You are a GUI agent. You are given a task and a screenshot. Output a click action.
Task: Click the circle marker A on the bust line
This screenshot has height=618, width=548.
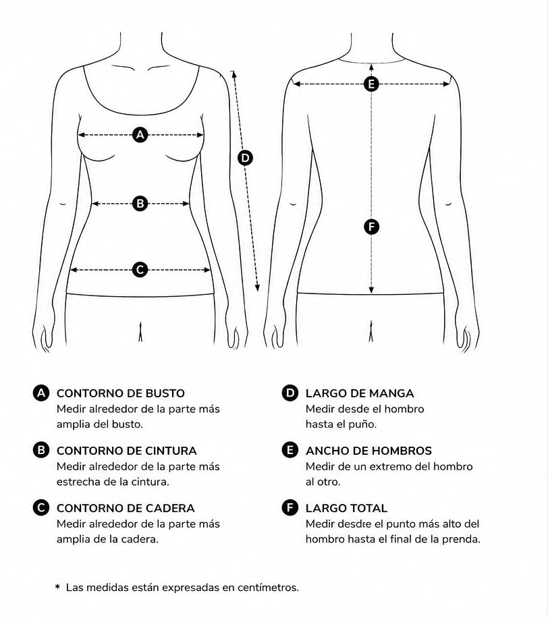coord(140,135)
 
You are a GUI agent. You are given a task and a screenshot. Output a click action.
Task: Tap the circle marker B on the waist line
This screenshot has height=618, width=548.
coord(140,203)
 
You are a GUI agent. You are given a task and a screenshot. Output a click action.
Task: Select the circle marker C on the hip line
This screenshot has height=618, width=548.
coord(140,270)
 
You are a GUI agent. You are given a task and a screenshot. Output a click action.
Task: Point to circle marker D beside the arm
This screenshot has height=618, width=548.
coord(245,158)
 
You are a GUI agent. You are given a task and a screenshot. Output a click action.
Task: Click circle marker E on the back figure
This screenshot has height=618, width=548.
coord(371,84)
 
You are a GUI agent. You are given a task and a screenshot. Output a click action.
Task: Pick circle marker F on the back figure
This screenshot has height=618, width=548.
coord(371,227)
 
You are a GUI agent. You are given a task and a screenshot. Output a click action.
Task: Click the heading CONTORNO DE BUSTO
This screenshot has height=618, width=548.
coord(121,393)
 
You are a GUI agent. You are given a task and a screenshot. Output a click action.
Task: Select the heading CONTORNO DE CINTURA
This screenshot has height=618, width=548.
coord(127,451)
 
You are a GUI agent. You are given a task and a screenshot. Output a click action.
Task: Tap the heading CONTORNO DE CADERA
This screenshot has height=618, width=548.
coord(126,509)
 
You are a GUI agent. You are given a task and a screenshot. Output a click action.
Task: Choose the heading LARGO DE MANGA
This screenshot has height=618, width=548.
coord(360,393)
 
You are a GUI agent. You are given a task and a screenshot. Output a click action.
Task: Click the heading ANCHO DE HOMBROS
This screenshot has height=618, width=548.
coord(368,451)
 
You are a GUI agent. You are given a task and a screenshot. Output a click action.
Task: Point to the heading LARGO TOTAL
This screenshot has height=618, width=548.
coord(346,509)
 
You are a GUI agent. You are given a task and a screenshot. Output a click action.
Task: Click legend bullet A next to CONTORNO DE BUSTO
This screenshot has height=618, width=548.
coord(41,393)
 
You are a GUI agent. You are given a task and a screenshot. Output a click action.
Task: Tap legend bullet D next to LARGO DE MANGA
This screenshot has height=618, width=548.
coord(290,393)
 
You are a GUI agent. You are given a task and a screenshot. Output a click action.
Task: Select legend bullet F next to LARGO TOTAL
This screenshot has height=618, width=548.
coord(290,507)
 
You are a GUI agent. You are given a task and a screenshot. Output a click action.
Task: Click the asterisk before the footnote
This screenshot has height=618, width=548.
coord(57,587)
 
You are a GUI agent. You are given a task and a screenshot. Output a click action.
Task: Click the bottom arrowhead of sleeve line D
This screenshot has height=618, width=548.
coord(257,288)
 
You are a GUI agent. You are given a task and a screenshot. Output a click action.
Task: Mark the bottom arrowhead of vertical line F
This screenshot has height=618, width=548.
coord(371,290)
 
